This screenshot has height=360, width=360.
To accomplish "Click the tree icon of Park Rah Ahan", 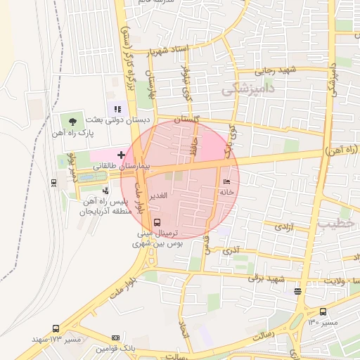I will click(x=74, y=121).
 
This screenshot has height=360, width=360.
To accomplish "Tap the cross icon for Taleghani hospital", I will click(x=122, y=154).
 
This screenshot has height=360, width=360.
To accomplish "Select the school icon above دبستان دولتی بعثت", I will click(x=117, y=109).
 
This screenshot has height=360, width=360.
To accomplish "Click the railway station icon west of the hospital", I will click(x=54, y=182).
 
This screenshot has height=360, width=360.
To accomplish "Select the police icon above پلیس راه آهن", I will click(x=105, y=190).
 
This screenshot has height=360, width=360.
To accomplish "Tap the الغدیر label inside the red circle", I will click(x=159, y=195).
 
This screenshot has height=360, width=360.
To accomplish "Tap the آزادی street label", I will click(x=283, y=227).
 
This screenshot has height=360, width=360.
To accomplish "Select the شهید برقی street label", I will click(x=265, y=278).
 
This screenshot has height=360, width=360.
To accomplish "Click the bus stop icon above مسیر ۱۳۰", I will click(x=323, y=311).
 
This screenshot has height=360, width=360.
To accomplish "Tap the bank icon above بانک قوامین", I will click(x=116, y=338).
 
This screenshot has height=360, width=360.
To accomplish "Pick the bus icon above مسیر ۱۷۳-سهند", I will click(x=56, y=328).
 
